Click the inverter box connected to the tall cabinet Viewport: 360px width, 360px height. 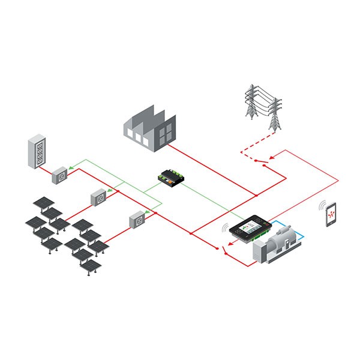[60, 175]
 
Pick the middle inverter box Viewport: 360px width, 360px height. [98, 197]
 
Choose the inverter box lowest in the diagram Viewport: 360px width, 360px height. [137, 221]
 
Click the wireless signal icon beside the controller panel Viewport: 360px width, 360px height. [226, 229]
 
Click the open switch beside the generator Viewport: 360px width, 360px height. [222, 248]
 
